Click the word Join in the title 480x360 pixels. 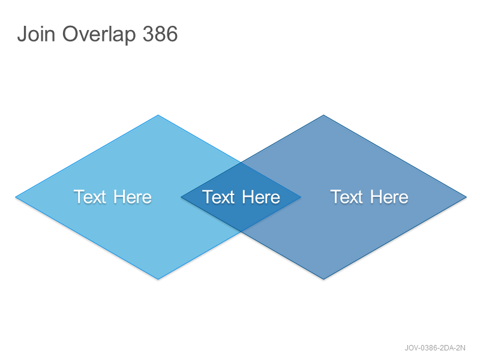(x=36, y=34)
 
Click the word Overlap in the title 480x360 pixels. (x=99, y=35)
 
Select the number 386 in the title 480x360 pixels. (x=160, y=34)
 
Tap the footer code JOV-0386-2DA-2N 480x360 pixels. (x=435, y=348)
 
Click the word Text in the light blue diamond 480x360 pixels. (x=90, y=197)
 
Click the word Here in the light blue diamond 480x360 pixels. (x=133, y=197)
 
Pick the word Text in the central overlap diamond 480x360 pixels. (x=218, y=197)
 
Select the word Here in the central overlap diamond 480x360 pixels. (x=261, y=197)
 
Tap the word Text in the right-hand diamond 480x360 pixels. (x=347, y=197)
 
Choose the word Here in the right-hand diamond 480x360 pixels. (x=389, y=197)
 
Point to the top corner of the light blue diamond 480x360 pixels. (x=158, y=115)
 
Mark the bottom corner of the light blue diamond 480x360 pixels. (x=158, y=279)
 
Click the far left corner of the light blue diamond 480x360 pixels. (x=16, y=197)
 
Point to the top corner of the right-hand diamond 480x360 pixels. (x=323, y=115)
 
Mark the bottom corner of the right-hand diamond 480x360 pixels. (x=323, y=279)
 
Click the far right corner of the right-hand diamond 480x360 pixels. (x=467, y=197)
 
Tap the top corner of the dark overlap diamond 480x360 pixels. (x=241, y=163)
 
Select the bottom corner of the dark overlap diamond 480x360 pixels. (x=241, y=232)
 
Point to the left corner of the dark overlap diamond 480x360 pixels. (x=181, y=197)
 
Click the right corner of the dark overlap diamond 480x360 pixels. (x=301, y=197)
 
